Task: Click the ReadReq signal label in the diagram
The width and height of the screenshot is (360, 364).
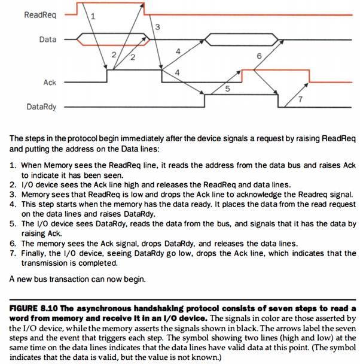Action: coord(40,14)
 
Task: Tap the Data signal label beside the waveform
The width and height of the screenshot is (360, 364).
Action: coord(47,40)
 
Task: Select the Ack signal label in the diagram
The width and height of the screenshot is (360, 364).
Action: coord(49,82)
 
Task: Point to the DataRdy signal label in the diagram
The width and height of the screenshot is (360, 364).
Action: coord(41,107)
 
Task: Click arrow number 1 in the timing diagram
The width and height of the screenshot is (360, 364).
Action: coord(92,17)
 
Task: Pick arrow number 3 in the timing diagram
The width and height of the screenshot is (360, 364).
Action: coord(157,27)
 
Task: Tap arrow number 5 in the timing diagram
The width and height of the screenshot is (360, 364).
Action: coord(227,89)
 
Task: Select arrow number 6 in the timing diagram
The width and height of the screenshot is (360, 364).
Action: coord(258,56)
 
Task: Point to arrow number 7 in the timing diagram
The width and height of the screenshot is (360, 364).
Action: coord(300,98)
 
